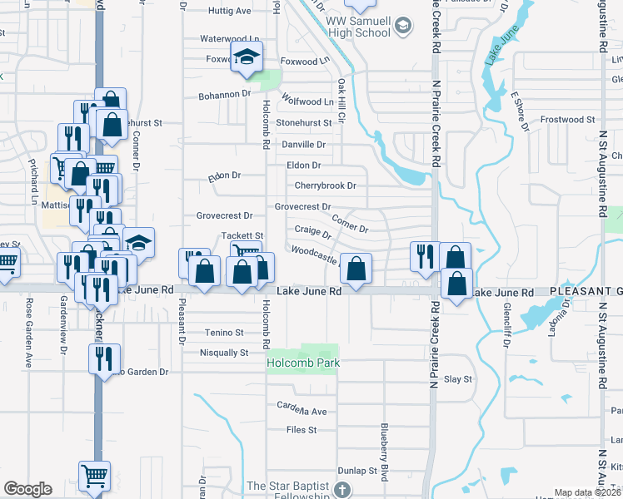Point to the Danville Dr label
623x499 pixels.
pyautogui.click(x=303, y=144)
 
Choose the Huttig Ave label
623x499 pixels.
pyautogui.click(x=230, y=11)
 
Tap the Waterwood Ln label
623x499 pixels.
pyautogui.click(x=230, y=39)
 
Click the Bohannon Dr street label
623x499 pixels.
pyautogui.click(x=224, y=96)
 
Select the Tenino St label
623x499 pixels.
pyautogui.click(x=224, y=333)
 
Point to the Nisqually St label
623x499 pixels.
pyautogui.click(x=224, y=353)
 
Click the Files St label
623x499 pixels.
pyautogui.click(x=302, y=430)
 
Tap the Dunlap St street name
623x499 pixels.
pyautogui.click(x=361, y=471)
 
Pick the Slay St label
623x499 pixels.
pyautogui.click(x=458, y=379)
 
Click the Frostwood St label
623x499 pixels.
pyautogui.click(x=561, y=119)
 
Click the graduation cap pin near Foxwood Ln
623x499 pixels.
pyautogui.click(x=246, y=56)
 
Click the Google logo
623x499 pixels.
pyautogui.click(x=27, y=489)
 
